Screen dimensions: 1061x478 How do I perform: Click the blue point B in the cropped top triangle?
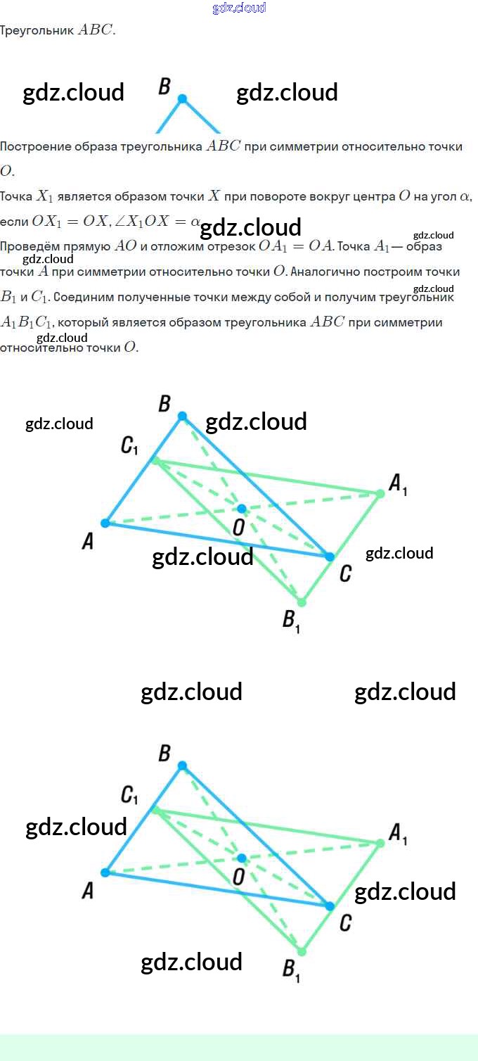coord(182,99)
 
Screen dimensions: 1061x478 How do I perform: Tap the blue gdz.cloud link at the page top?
coord(239,8)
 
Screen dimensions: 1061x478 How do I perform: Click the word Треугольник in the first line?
coord(37,31)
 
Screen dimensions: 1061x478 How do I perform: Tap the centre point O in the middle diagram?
coord(242,508)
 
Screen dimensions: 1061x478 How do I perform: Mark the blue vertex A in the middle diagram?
coord(105,523)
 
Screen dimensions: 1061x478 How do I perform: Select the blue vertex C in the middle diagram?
coord(329,557)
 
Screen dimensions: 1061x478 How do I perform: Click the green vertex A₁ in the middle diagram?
coord(380,493)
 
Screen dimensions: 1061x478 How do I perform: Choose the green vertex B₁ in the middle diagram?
coord(302,602)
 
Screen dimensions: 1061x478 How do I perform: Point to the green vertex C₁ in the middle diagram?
coord(156,461)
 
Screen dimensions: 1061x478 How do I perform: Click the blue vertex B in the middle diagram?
coord(182,416)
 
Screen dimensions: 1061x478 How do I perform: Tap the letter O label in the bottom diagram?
coord(238,877)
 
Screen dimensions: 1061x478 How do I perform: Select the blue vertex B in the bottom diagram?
coord(182,765)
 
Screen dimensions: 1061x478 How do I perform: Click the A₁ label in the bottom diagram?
coord(398,834)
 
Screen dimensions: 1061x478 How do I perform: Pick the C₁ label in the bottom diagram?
coord(129,796)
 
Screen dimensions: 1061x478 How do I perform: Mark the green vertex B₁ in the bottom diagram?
coord(302,951)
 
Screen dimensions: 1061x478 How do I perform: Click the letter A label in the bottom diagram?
coord(88,891)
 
